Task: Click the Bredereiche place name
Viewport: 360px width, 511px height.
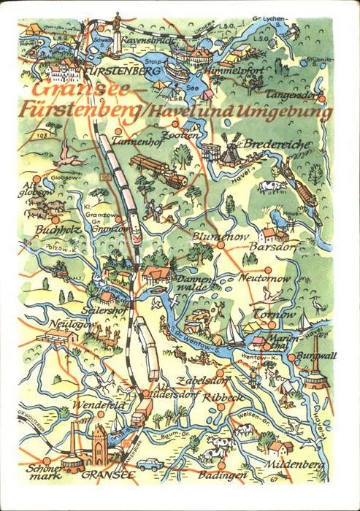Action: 278,145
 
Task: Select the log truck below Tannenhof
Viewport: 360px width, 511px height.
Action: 158,169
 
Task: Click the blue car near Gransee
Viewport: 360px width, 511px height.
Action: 151,464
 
